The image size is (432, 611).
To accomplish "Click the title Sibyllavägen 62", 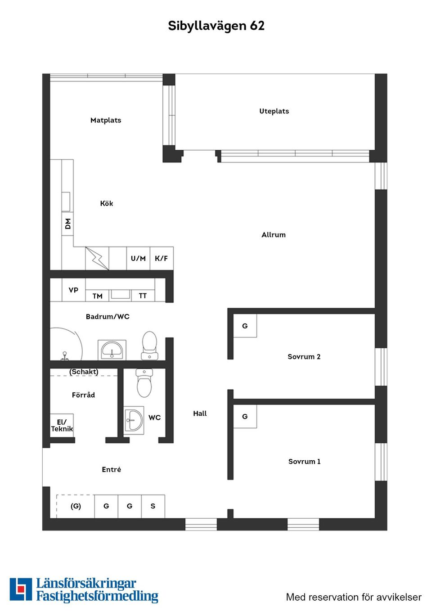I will (216, 26).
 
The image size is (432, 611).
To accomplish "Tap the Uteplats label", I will (274, 111).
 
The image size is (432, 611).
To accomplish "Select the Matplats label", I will (106, 120).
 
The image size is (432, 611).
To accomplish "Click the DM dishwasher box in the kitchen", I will (67, 224).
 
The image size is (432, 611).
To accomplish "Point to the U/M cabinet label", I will (138, 258).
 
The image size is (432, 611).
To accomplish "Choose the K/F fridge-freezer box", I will (161, 258).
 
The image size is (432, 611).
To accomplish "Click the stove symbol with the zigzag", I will (97, 258).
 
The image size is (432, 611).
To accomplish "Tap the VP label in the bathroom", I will (73, 290).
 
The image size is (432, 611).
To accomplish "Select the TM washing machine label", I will (98, 296).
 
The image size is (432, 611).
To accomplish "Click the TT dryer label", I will (143, 296).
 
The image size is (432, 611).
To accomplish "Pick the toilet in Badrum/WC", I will (149, 346).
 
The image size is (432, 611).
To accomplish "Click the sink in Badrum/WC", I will (112, 350).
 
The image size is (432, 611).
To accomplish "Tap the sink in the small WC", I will (134, 420).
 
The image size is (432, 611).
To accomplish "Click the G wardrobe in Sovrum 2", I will (245, 326).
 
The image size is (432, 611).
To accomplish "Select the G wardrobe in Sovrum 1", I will (245, 416).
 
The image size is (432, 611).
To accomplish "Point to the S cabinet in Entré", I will (153, 506).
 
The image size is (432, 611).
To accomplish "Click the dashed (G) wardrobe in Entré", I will (76, 506).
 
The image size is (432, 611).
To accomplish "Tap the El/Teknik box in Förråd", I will (62, 425).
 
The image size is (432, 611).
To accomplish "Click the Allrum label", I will (274, 235).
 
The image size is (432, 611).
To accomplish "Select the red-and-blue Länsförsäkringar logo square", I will (21, 589).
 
